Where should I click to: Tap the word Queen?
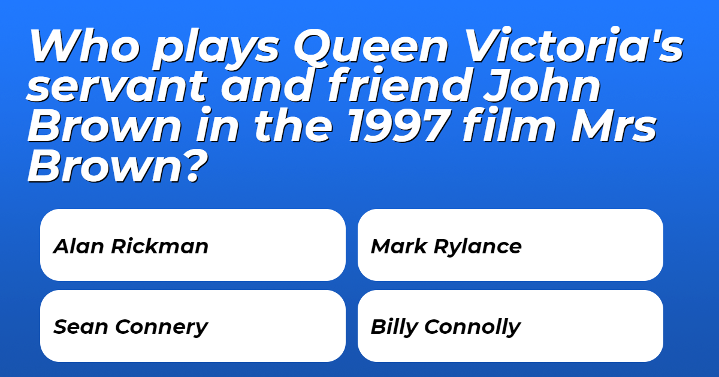click(371, 46)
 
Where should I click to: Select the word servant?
click(117, 86)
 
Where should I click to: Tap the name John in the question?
click(542, 85)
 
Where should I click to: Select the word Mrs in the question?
click(614, 126)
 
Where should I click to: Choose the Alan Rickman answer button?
click(193, 245)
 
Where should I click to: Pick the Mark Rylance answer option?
click(510, 245)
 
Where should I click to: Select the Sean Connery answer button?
click(193, 326)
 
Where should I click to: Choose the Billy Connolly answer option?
click(510, 326)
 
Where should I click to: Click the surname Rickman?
click(159, 246)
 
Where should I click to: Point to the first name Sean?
click(80, 327)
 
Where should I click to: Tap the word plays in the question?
click(216, 49)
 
